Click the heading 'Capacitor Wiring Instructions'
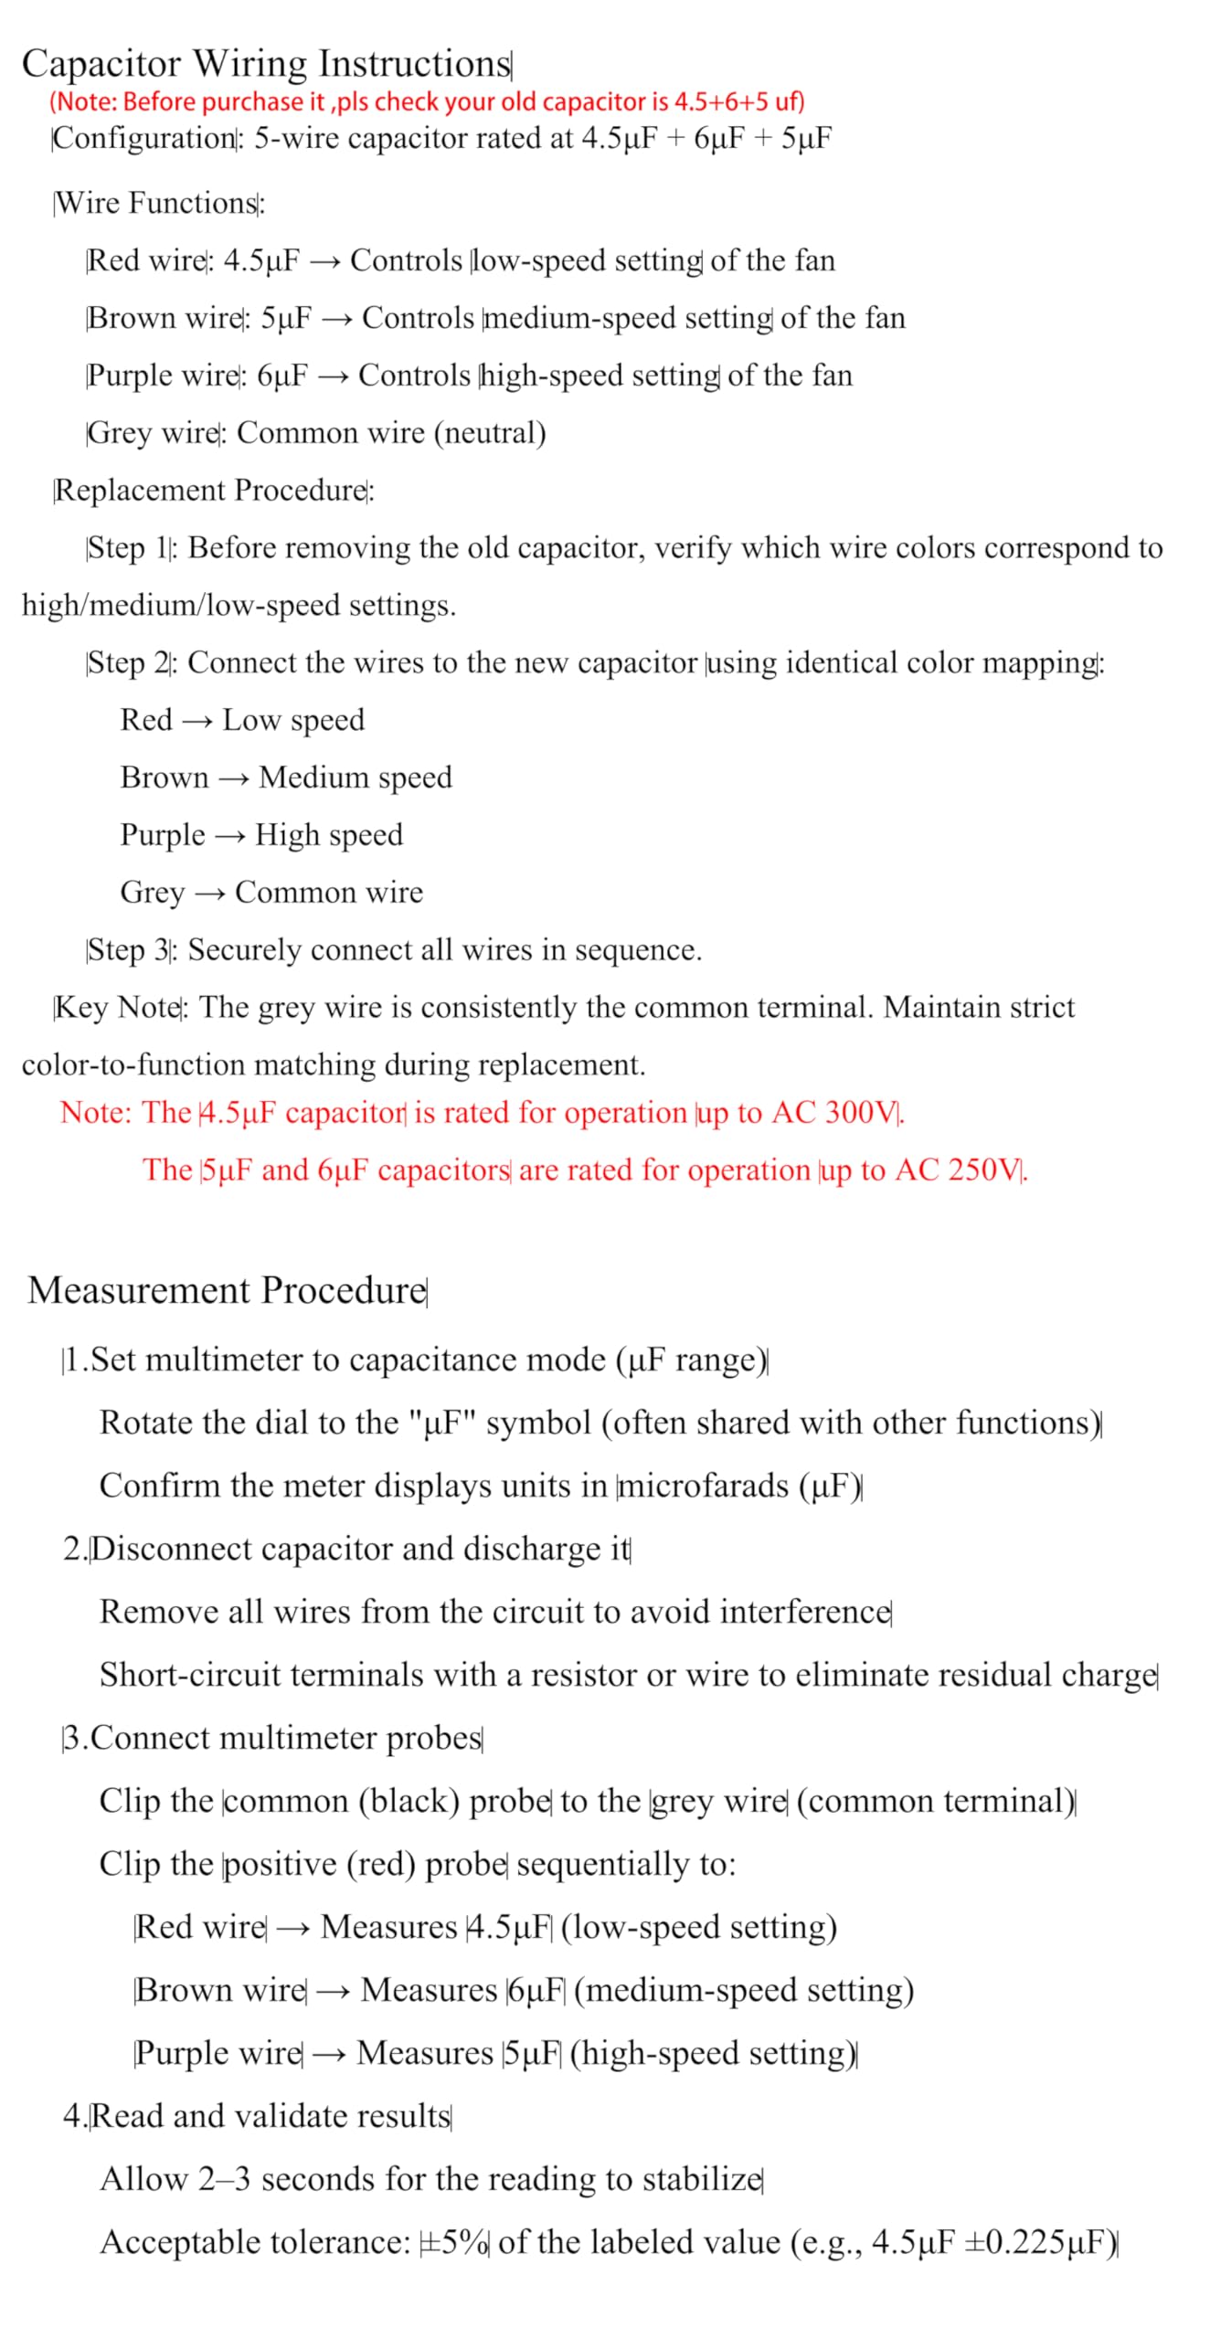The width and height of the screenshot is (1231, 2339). pyautogui.click(x=266, y=64)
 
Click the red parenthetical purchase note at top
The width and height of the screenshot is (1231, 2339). pyautogui.click(x=427, y=101)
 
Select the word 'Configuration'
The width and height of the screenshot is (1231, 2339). pyautogui.click(x=144, y=139)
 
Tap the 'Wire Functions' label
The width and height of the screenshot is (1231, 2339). pyautogui.click(x=157, y=203)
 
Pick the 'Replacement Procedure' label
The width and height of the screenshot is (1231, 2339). pyautogui.click(x=211, y=491)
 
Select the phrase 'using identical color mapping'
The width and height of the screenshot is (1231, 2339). pyautogui.click(x=902, y=662)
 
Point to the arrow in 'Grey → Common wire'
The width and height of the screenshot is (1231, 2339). pyautogui.click(x=209, y=894)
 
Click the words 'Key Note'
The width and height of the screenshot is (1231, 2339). pyautogui.click(x=118, y=1008)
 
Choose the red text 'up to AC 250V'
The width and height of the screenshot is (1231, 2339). pyautogui.click(x=921, y=1170)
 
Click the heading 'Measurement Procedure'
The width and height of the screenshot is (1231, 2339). pyautogui.click(x=228, y=1290)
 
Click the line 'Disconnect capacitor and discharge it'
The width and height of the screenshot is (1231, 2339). pyautogui.click(x=360, y=1550)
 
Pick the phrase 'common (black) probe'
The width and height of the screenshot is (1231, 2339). pyautogui.click(x=387, y=1802)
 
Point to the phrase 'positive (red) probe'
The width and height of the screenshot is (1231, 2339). pyautogui.click(x=365, y=1865)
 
